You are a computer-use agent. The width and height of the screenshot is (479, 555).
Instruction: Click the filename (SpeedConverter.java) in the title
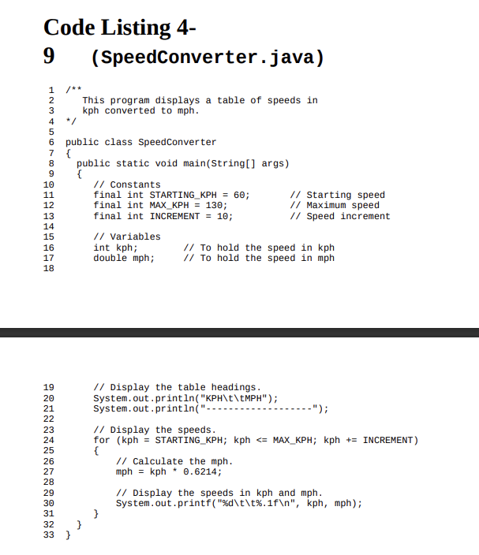pyautogui.click(x=207, y=58)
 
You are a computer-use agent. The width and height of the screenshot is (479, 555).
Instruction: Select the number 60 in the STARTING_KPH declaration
pyautogui.click(x=241, y=195)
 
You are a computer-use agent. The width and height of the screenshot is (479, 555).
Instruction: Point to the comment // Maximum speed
pyautogui.click(x=335, y=205)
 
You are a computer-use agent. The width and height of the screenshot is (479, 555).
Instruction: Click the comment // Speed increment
pyautogui.click(x=340, y=216)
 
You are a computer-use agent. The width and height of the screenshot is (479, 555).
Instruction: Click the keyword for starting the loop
pyautogui.click(x=102, y=440)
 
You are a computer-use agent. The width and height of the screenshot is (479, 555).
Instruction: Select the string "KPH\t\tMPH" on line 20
pyautogui.click(x=236, y=397)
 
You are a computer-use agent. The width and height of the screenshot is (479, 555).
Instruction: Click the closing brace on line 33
pyautogui.click(x=67, y=535)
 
